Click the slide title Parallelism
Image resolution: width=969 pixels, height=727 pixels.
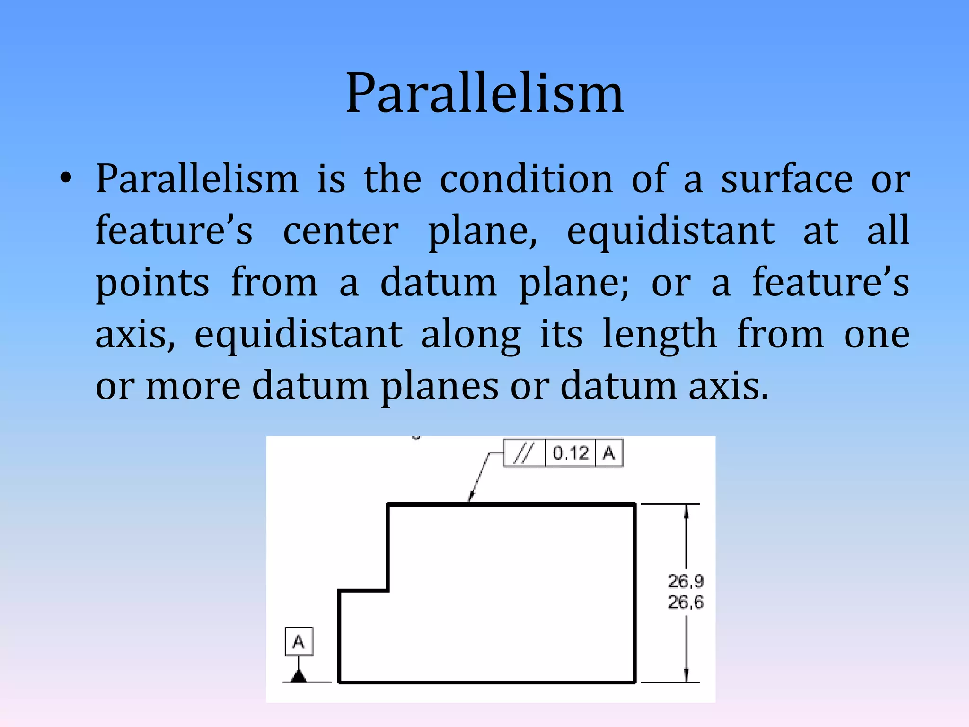point(484,93)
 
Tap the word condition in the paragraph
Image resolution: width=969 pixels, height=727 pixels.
point(526,179)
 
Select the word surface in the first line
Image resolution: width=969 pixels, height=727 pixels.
point(787,179)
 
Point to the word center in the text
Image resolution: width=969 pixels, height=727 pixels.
point(341,231)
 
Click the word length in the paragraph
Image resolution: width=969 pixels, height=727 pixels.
point(660,334)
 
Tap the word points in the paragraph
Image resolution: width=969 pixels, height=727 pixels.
point(152,283)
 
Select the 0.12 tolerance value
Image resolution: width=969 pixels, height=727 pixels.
point(570,453)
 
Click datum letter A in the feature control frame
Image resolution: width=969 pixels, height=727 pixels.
point(608,453)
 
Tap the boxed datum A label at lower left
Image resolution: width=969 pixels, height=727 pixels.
point(299,642)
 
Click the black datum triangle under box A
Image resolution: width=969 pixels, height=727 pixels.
point(299,675)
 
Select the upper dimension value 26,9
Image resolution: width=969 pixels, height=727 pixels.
point(686,581)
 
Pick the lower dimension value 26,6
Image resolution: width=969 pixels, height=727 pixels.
point(686,602)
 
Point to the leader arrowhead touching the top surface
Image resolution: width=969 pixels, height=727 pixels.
point(471,496)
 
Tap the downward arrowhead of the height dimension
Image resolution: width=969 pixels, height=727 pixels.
point(686,675)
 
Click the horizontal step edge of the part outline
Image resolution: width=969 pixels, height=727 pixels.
point(363,591)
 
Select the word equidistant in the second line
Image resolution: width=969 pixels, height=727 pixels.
point(670,231)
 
